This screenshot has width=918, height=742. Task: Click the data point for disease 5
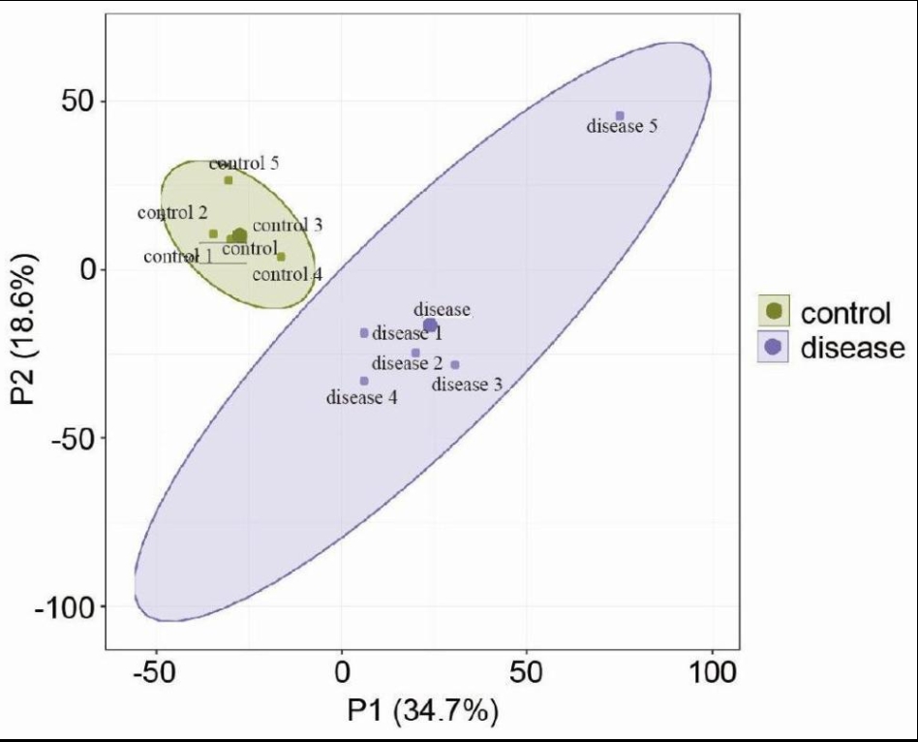pos(620,115)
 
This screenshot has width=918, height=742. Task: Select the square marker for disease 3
pos(455,365)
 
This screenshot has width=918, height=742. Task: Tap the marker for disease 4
pos(364,381)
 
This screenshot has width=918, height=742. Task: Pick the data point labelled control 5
pos(229,180)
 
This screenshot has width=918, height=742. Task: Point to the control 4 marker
pos(281,257)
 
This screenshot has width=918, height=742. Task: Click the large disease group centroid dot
pos(430,325)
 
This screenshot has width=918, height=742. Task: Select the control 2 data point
pos(213,233)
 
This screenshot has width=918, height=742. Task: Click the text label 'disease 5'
pos(623,126)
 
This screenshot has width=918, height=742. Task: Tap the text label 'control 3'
pos(287,225)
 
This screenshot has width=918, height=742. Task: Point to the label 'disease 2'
pos(407,364)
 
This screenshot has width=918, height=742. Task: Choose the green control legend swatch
pos(775,312)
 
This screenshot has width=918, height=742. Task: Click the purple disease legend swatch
pos(775,348)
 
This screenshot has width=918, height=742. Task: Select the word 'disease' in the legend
pos(851,348)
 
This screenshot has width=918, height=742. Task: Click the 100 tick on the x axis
pos(712,670)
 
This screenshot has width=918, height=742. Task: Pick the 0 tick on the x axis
pos(341,670)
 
